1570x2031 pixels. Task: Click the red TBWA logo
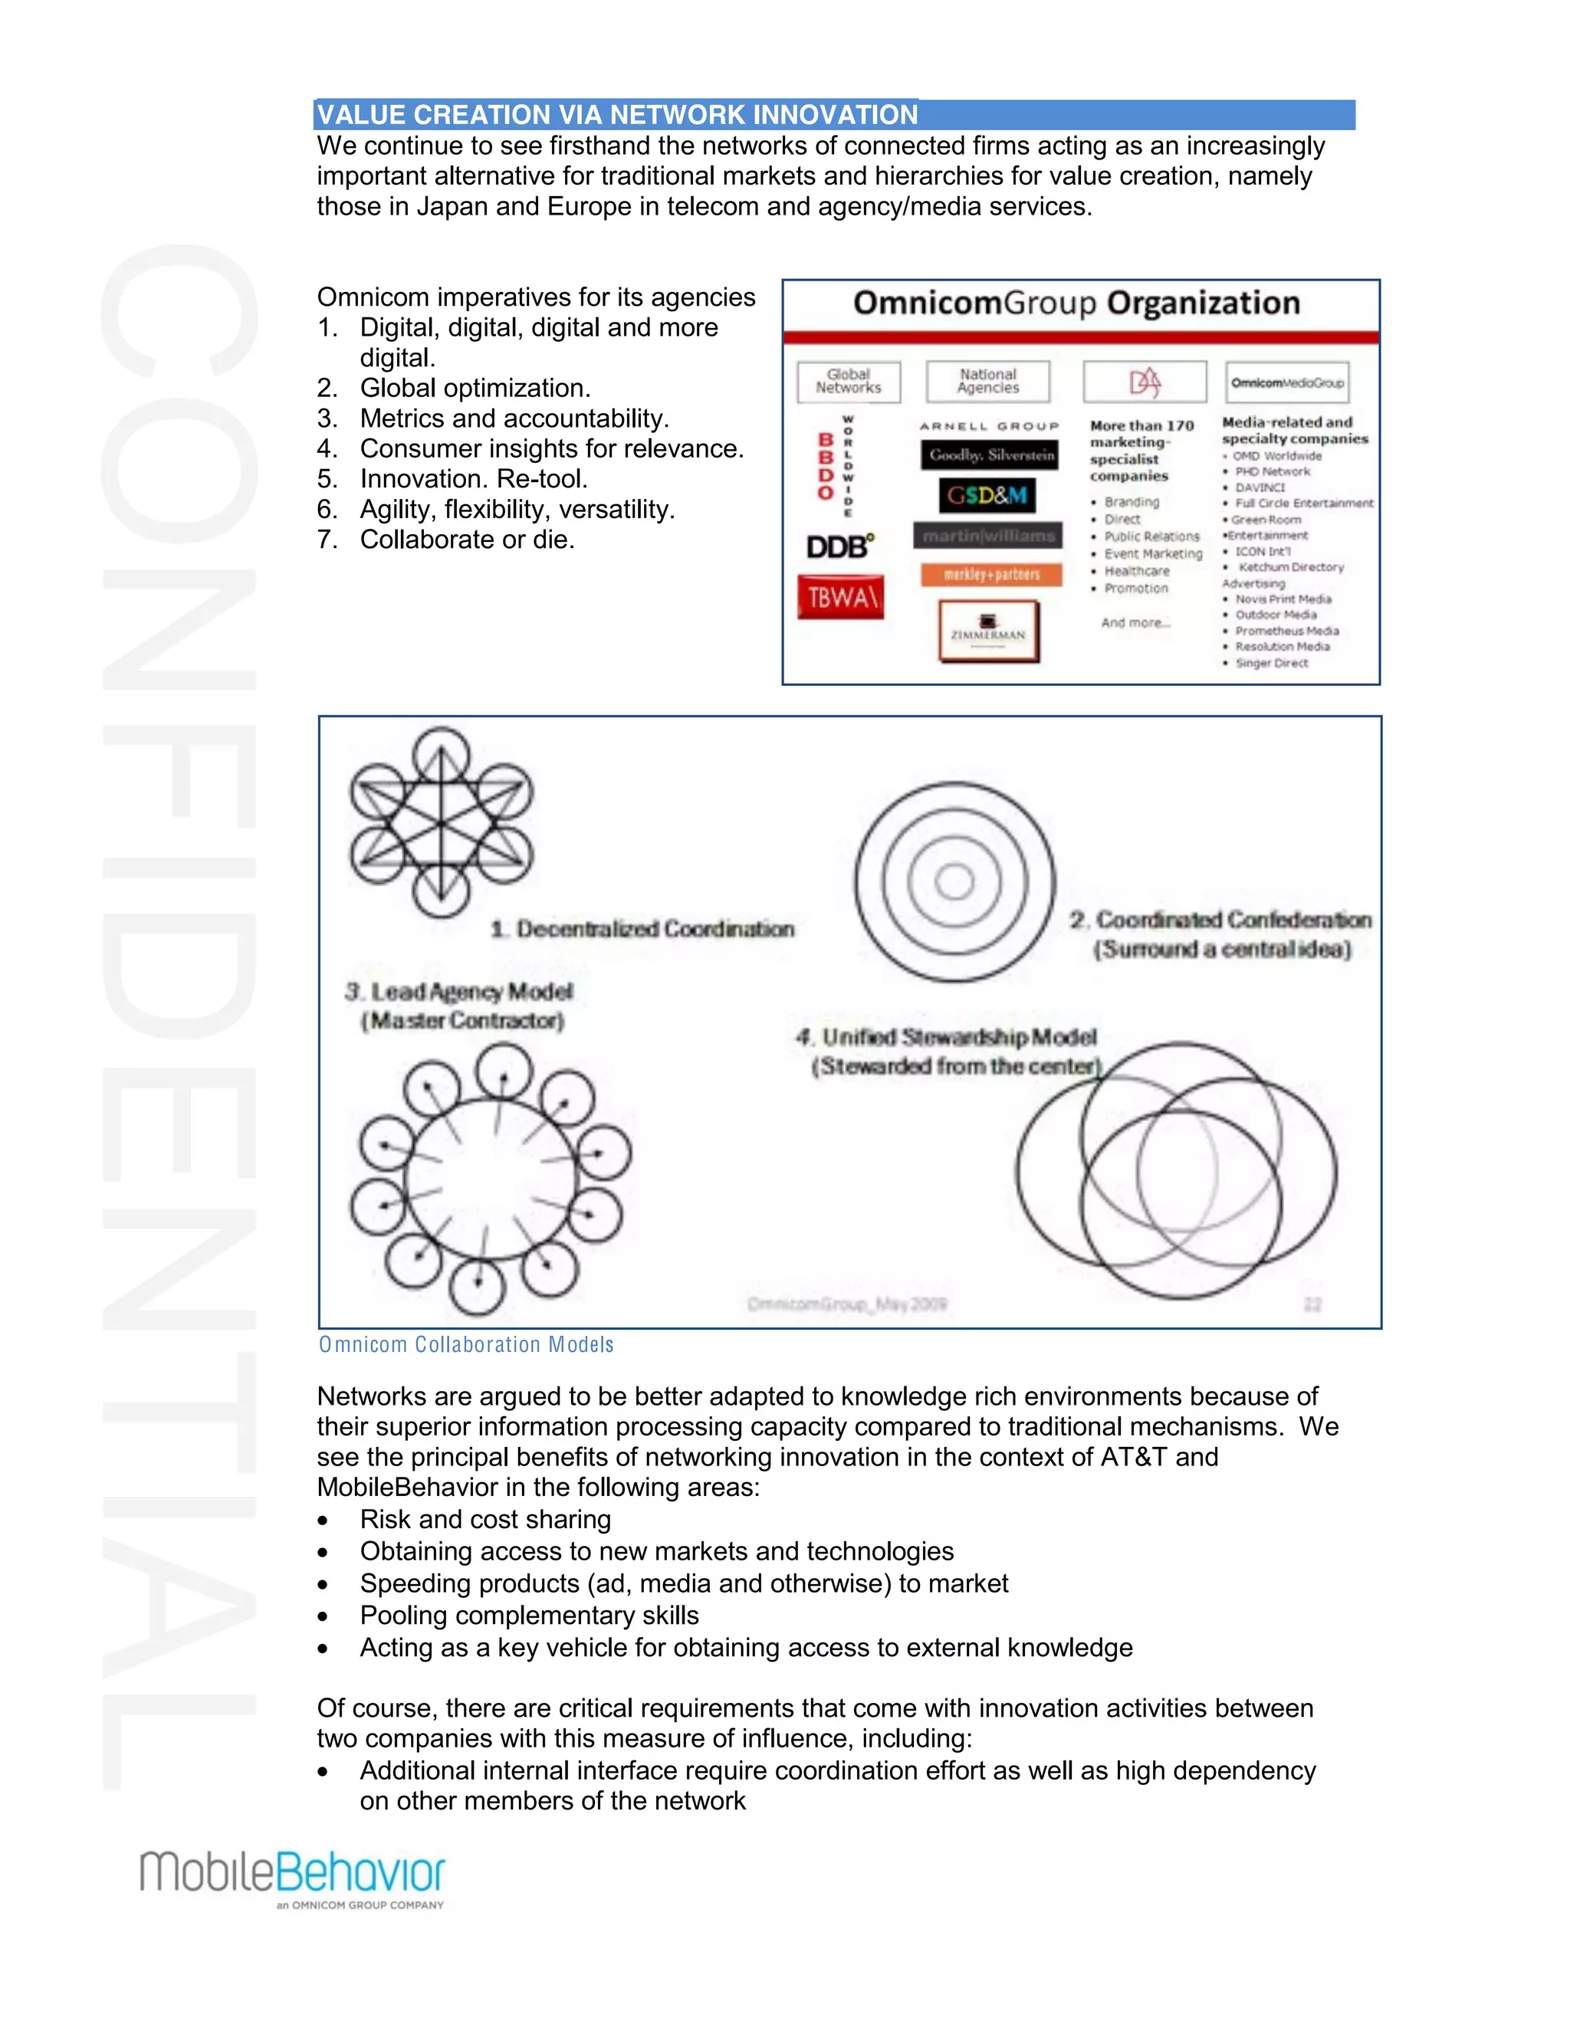click(x=840, y=597)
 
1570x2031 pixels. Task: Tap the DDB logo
click(x=840, y=546)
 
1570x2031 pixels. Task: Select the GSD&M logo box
click(x=987, y=495)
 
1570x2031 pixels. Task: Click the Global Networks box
click(x=849, y=381)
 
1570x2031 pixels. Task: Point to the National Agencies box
click(x=987, y=381)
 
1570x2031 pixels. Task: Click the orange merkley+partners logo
click(x=991, y=575)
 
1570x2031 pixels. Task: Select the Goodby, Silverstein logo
click(x=991, y=454)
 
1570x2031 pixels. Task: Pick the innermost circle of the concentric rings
click(x=954, y=881)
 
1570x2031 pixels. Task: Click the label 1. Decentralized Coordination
click(x=642, y=929)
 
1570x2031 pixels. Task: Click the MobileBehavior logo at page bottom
click(x=293, y=1878)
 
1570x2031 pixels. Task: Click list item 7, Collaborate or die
click(x=467, y=540)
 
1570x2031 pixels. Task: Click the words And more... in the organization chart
click(x=1135, y=622)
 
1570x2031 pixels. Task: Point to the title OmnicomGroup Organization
click(x=1076, y=304)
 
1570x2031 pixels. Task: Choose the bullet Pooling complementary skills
click(x=529, y=1616)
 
